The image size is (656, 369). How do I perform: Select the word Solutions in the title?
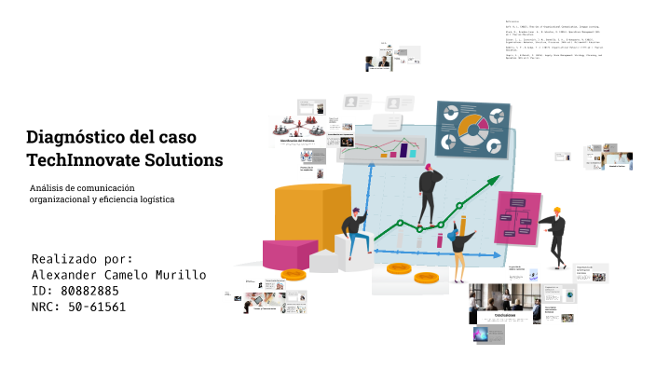(x=184, y=160)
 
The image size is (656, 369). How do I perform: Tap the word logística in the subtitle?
(x=155, y=199)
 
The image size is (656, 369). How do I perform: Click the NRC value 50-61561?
(x=97, y=307)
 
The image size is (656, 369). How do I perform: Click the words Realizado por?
(x=82, y=259)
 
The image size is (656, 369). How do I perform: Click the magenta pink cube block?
(x=290, y=253)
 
